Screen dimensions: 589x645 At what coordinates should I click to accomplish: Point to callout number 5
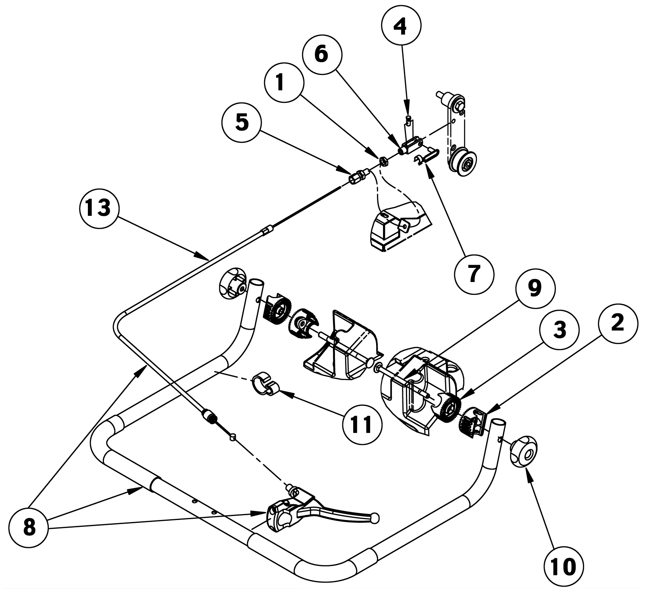[x=242, y=122]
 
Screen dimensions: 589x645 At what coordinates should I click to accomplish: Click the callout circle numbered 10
[x=564, y=566]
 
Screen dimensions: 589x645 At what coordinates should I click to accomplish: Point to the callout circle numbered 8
[x=29, y=527]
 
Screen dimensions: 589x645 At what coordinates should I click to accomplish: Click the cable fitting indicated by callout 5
[x=358, y=177]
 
